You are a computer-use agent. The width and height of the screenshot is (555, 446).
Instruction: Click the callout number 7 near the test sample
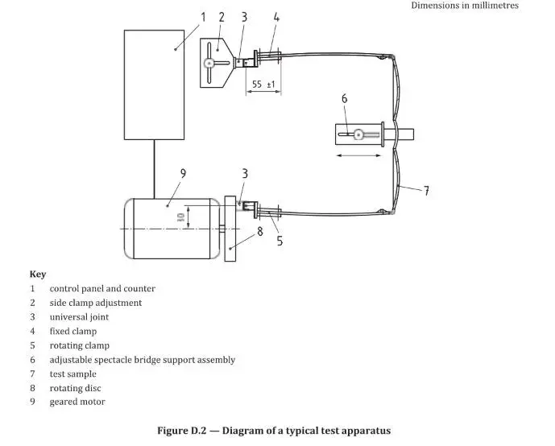tap(426, 191)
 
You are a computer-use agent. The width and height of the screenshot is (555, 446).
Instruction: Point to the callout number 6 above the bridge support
tap(344, 99)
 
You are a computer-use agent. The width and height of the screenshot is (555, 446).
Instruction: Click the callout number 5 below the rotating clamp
tap(279, 239)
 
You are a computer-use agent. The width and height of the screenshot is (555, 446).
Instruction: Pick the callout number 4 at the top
tap(276, 16)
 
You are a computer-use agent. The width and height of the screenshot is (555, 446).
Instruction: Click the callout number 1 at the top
tap(203, 16)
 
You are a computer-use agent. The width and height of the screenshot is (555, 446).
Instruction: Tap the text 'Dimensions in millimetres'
tap(465, 6)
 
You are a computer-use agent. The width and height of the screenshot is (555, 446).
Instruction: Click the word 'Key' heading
tap(38, 275)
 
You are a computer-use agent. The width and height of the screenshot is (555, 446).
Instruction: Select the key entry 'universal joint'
tap(79, 317)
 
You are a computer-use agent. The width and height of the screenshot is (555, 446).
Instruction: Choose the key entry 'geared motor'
tap(77, 402)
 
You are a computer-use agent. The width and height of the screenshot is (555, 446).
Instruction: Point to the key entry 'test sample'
tap(72, 374)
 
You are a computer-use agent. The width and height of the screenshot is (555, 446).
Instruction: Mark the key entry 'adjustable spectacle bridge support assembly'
tap(143, 360)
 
